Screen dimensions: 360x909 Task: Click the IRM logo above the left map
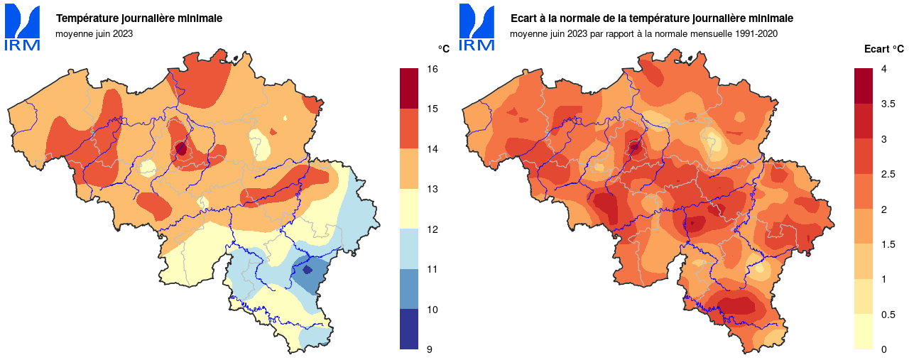point(22,28)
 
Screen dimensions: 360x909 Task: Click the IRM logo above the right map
point(477,28)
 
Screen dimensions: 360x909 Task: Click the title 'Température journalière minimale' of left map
point(139,18)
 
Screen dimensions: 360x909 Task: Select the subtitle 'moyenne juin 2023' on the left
point(94,33)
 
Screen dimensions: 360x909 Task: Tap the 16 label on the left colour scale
point(432,69)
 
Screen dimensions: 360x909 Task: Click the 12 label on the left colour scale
point(432,229)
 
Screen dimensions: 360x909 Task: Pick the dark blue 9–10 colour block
point(409,329)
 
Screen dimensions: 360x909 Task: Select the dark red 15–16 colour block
point(409,89)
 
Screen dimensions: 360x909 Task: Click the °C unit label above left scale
point(443,49)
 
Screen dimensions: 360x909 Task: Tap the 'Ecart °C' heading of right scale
point(883,49)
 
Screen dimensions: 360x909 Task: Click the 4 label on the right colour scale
point(884,69)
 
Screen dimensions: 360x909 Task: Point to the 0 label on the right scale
point(884,349)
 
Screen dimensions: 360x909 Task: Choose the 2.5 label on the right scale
point(888,174)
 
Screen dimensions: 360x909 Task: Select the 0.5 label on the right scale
point(888,315)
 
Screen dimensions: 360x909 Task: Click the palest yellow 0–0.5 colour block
point(864,332)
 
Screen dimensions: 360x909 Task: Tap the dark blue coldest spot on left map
point(307,270)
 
